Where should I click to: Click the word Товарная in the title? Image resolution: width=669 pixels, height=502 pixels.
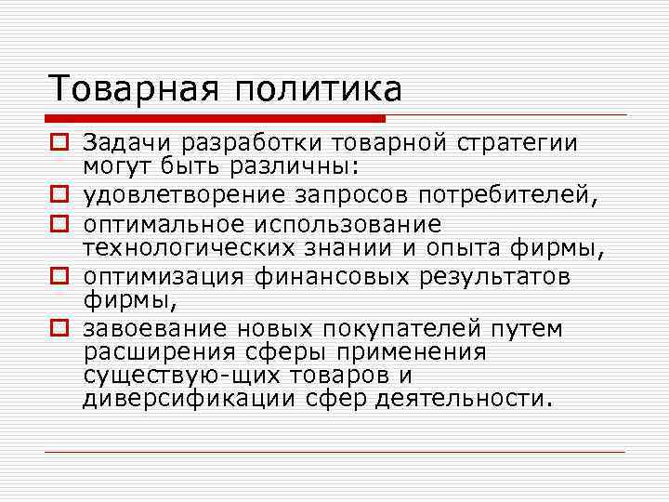133,90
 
